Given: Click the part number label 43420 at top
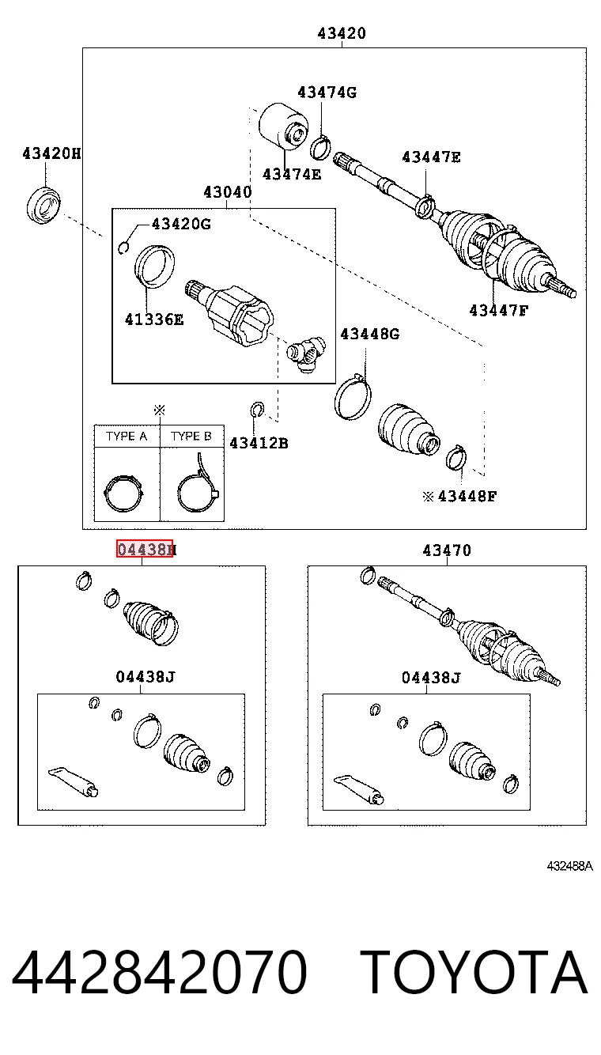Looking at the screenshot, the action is pos(342,33).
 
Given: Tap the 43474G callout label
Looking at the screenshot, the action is pos(327,93).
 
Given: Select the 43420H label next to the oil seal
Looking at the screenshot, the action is pos(52,153).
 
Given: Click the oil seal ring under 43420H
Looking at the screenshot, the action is pos(43,205).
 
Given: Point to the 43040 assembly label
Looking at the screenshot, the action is pos(228,192).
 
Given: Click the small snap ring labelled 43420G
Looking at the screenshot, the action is pos(123,247).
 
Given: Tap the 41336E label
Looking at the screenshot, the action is pos(154,320).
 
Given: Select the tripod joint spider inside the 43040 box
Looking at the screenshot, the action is pos(306,354).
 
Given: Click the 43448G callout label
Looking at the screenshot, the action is pos(370,334).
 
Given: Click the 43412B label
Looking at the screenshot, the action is pos(259,443).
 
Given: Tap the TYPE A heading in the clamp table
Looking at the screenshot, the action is pos(127,437).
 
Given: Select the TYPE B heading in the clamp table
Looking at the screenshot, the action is pos(191,437).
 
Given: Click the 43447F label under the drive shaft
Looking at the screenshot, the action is pos(499,311).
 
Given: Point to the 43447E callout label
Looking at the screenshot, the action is pos(431,157).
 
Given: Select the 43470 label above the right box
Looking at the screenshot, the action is pos(447,550).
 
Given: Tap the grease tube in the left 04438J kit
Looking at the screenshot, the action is pos(73,781).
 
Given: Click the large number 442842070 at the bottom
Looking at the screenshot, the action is pos(159,972).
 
